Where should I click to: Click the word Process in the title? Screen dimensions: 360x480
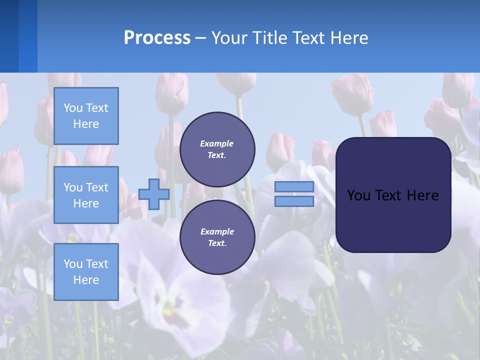click(x=157, y=38)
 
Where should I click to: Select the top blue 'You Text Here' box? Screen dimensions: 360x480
click(x=86, y=116)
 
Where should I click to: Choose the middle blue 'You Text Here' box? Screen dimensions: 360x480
click(x=86, y=195)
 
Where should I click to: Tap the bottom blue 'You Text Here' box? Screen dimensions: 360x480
click(x=86, y=272)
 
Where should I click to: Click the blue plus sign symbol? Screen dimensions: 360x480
click(x=154, y=194)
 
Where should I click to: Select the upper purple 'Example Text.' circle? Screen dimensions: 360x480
click(x=217, y=149)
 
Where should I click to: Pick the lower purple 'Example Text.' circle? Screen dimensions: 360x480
click(x=217, y=237)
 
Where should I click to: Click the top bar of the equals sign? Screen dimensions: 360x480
click(x=294, y=187)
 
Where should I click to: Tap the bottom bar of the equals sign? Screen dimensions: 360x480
click(x=294, y=201)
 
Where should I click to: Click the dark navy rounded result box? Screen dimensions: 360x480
click(x=393, y=220)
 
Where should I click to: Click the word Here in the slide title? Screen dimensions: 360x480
click(x=349, y=38)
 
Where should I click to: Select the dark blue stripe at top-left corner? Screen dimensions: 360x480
click(x=9, y=36)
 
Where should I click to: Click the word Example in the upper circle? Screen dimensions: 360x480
click(x=216, y=143)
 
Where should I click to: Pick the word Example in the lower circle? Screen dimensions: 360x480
click(x=216, y=231)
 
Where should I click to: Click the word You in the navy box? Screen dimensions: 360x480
click(x=358, y=195)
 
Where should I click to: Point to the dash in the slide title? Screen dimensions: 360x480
click(x=200, y=38)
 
